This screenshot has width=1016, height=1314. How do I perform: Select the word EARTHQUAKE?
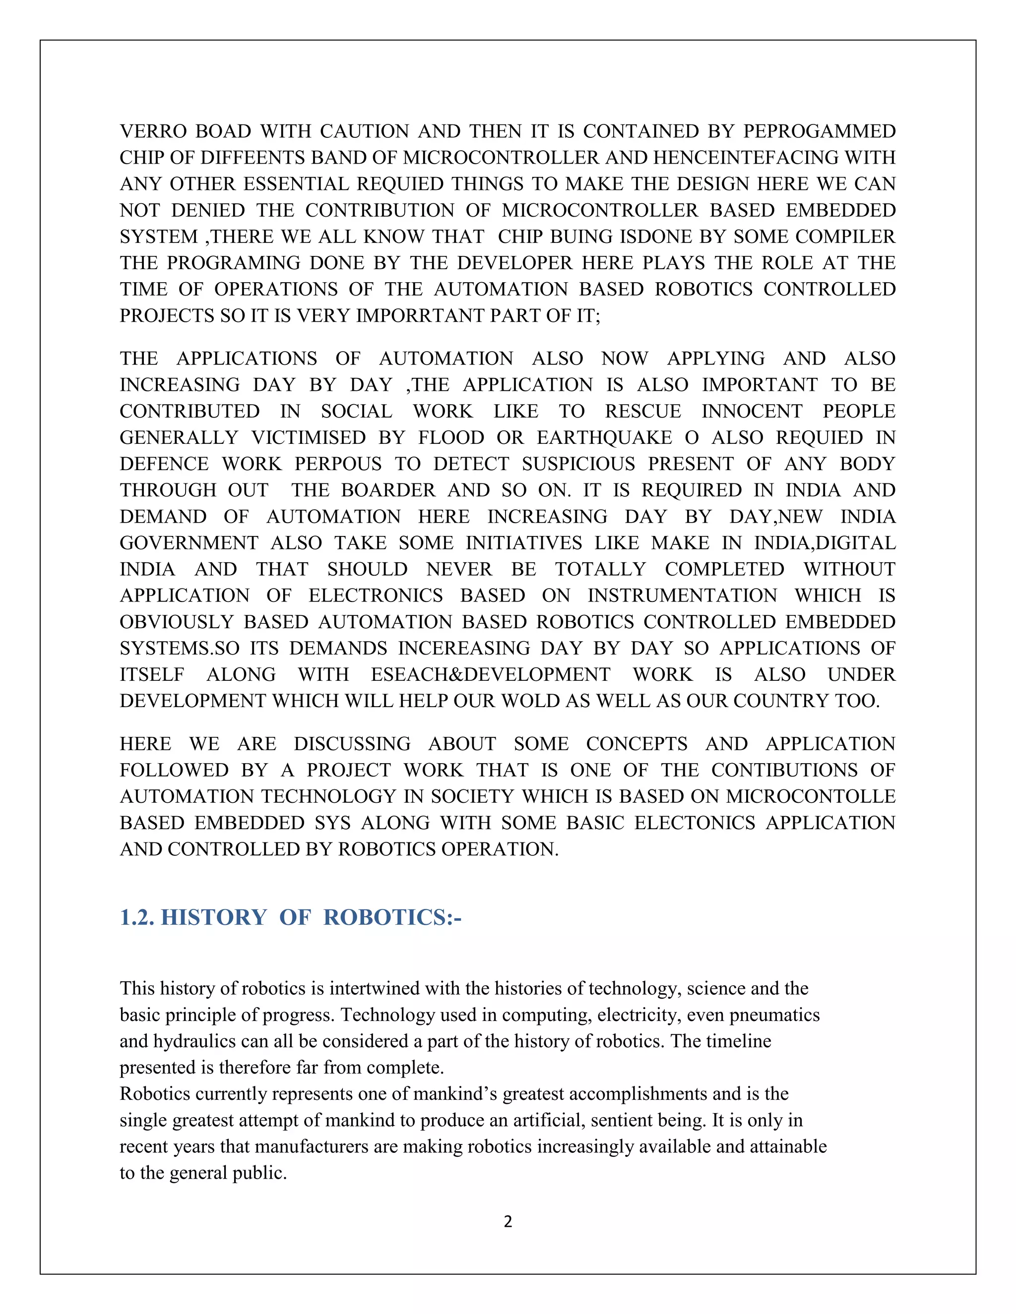click(604, 437)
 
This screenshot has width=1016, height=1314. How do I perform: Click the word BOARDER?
click(388, 490)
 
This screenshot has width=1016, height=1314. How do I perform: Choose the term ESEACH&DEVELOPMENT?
click(491, 674)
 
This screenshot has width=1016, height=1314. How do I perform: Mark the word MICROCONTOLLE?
click(811, 797)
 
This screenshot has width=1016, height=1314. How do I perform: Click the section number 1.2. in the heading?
click(137, 917)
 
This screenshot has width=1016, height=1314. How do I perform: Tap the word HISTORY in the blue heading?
click(214, 917)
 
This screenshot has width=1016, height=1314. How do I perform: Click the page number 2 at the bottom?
click(508, 1221)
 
